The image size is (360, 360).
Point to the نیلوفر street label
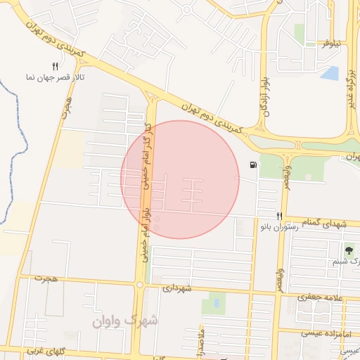[331, 44]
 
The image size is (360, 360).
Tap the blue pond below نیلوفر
[328, 72]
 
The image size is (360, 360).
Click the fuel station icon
[252, 166]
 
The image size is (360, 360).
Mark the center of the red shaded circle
[180, 179]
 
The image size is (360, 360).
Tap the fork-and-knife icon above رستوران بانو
[279, 217]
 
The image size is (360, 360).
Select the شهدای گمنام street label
[325, 224]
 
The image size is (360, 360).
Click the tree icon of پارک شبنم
[348, 250]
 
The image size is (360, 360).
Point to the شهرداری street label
[177, 288]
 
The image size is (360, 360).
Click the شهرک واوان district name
[125, 321]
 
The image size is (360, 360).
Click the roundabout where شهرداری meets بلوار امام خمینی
[139, 284]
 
